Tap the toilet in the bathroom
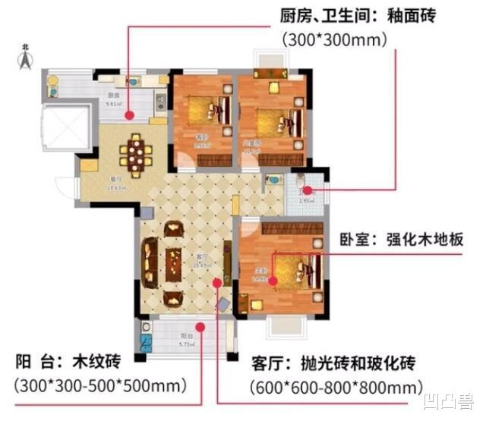[301, 181]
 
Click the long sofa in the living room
[149, 262]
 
